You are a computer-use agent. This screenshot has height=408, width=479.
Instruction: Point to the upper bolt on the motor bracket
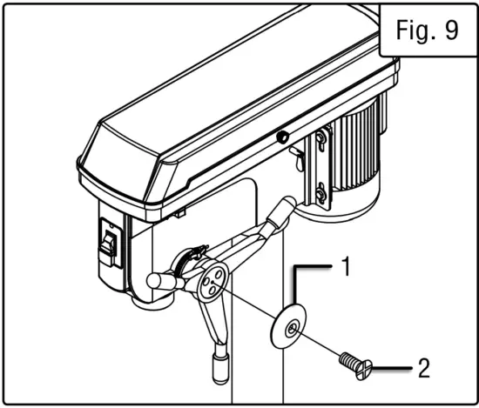pos(320,137)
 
